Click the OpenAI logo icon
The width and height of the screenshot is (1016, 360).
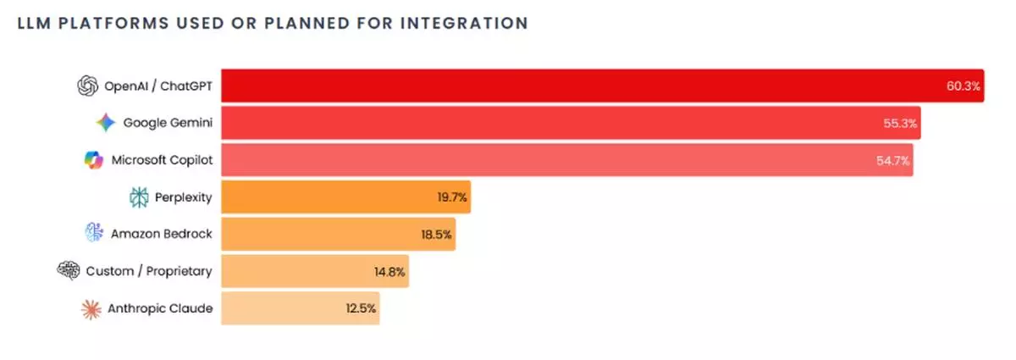(87, 86)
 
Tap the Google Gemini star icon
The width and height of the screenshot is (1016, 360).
(105, 123)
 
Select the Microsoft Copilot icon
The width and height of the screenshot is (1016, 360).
(93, 159)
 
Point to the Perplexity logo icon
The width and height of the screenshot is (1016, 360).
(138, 197)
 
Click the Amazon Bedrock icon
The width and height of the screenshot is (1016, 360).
(93, 233)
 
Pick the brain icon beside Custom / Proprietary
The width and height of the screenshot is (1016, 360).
(68, 271)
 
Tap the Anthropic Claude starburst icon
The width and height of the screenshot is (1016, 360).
(91, 309)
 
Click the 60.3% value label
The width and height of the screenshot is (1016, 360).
(963, 86)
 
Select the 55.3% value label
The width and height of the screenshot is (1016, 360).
(899, 123)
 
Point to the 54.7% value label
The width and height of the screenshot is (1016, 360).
(893, 160)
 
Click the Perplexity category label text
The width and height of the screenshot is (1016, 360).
(183, 197)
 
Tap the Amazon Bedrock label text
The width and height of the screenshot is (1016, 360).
(161, 235)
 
